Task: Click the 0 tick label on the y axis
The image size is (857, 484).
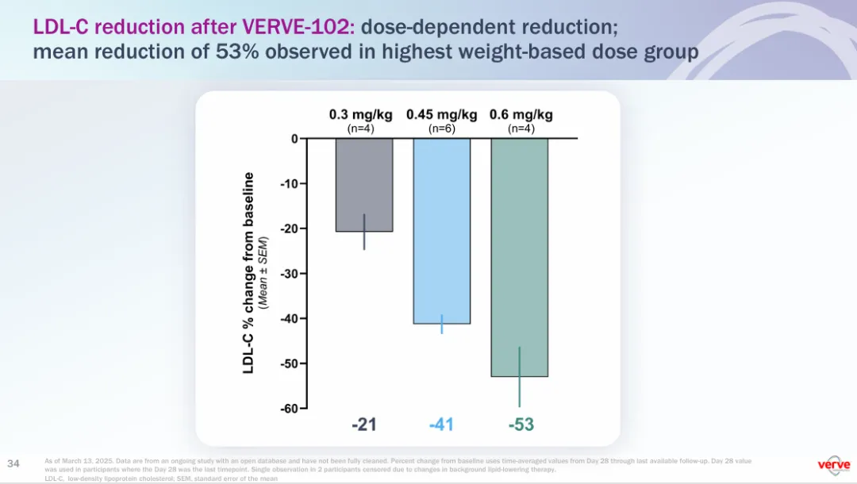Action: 294,139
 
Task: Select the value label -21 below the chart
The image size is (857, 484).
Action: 363,424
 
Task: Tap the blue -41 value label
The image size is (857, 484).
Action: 441,424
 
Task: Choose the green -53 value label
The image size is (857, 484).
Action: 521,424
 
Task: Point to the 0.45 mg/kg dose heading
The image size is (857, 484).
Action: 441,114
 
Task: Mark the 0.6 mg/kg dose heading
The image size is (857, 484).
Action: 521,114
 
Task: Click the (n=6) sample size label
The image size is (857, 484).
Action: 441,128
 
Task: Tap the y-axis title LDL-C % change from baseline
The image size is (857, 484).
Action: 248,273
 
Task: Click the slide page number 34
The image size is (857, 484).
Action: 13,463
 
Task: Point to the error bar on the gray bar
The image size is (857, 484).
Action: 364,232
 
